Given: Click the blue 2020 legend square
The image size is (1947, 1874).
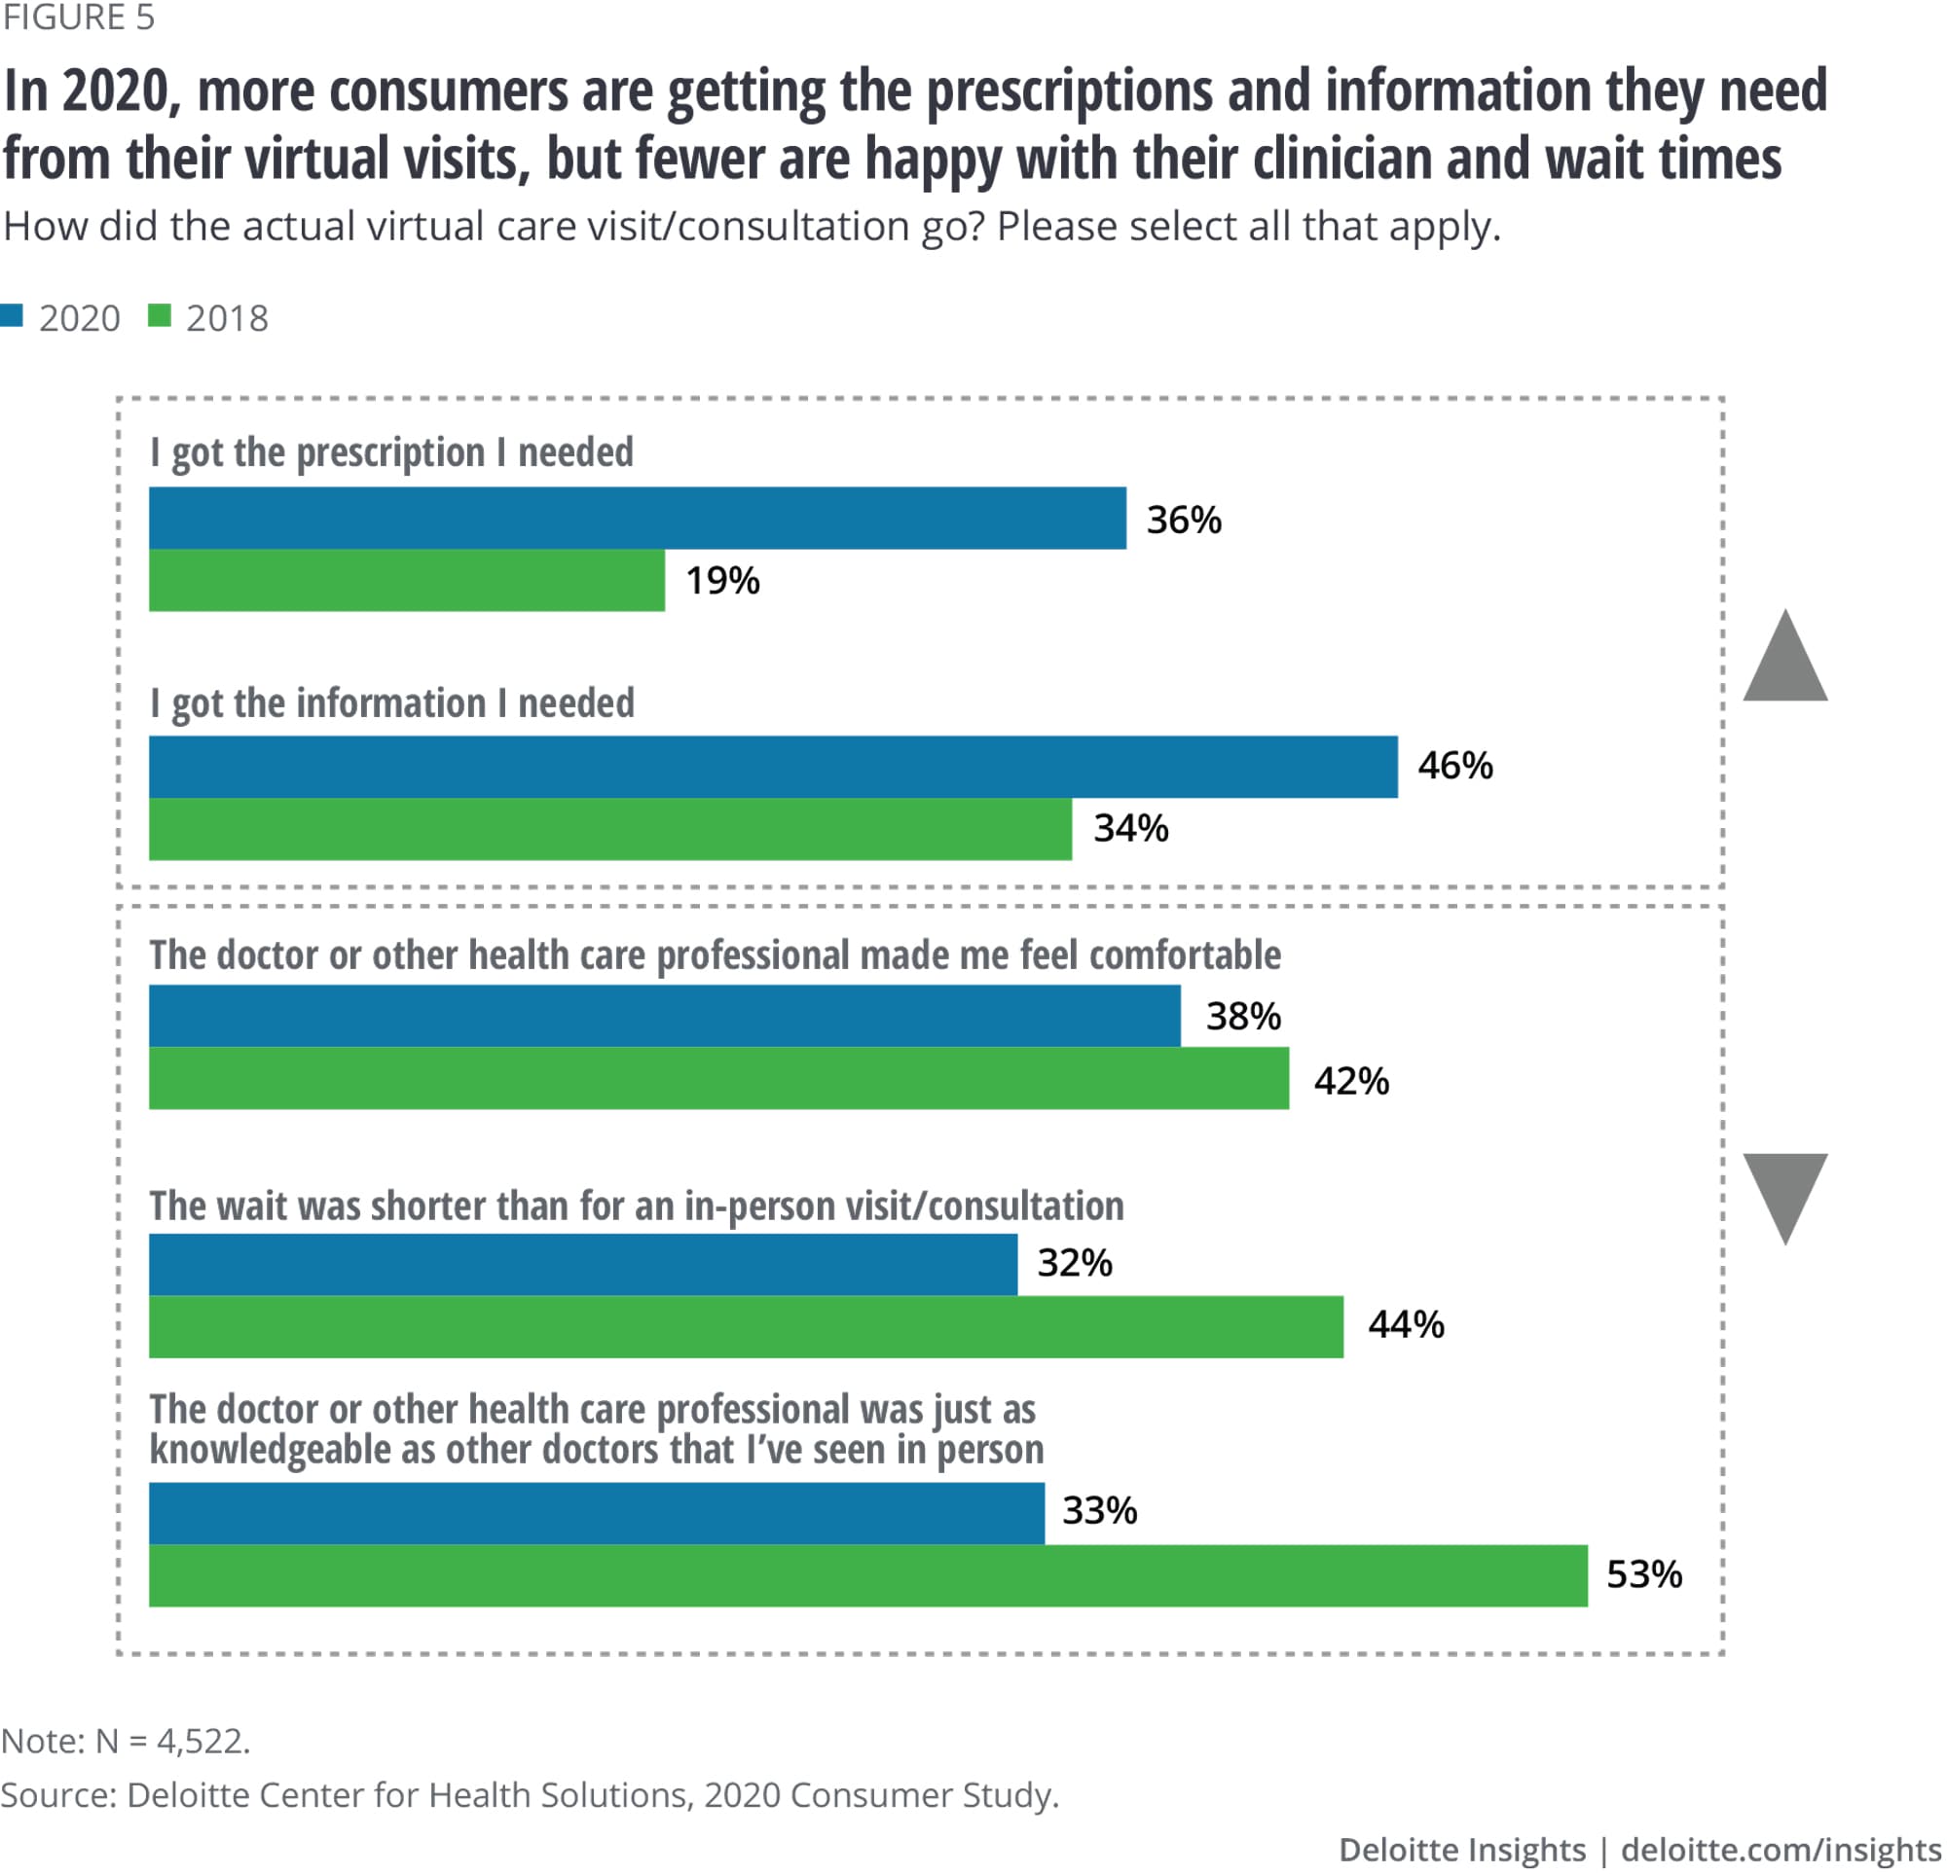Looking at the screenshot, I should pyautogui.click(x=12, y=316).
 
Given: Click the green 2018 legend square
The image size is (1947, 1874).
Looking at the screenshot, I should pyautogui.click(x=159, y=316).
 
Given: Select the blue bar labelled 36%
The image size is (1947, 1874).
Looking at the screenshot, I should pyautogui.click(x=637, y=518).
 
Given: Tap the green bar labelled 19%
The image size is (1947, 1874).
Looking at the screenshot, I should pyautogui.click(x=406, y=580).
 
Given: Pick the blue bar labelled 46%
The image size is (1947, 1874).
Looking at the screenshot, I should pyautogui.click(x=773, y=767).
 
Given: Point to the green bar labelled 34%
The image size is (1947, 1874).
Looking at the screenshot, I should pyautogui.click(x=610, y=829).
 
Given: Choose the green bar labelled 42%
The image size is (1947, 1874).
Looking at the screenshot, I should pyautogui.click(x=718, y=1078).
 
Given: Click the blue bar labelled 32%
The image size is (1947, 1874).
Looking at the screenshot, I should pyautogui.click(x=583, y=1264).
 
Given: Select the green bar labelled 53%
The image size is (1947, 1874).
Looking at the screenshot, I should pyautogui.click(x=868, y=1575).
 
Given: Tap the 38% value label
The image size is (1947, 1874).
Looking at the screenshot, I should pyautogui.click(x=1243, y=1016).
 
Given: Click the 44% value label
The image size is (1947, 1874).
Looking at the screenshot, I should pyautogui.click(x=1406, y=1325).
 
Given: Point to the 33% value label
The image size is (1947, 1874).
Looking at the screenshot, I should pyautogui.click(x=1100, y=1510).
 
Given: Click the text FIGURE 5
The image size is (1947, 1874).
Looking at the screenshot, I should pyautogui.click(x=79, y=18).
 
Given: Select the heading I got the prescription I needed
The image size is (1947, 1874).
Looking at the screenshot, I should pyautogui.click(x=391, y=452).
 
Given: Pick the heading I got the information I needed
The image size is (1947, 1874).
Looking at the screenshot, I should pyautogui.click(x=391, y=703).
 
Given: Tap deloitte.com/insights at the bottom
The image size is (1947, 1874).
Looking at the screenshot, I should pyautogui.click(x=1781, y=1849).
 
